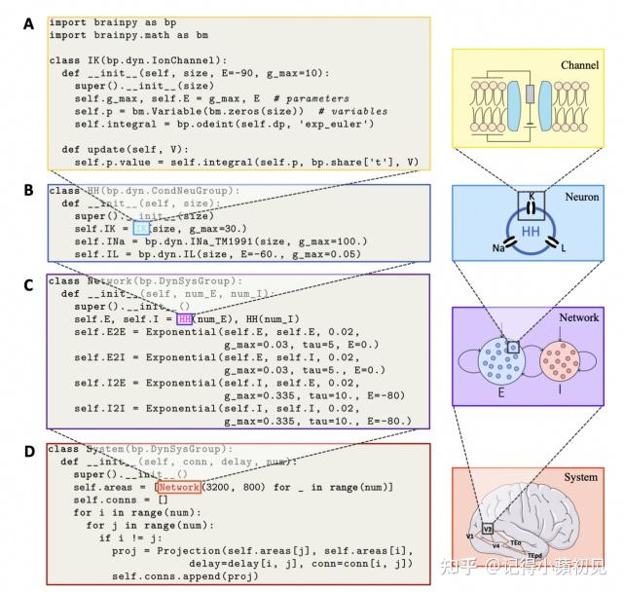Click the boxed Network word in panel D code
click(178, 487)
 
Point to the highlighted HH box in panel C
click(184, 318)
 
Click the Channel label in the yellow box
click(579, 65)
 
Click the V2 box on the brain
click(487, 529)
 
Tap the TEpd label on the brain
click(534, 555)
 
